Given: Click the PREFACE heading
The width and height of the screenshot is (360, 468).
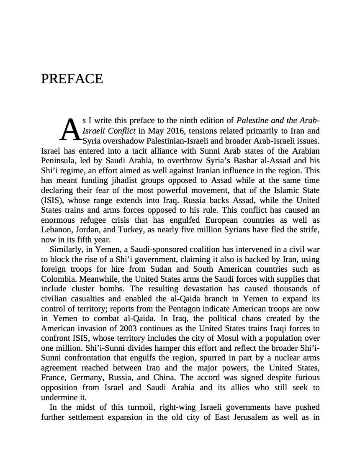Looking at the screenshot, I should point(72,79).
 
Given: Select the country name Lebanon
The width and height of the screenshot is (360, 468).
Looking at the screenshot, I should point(57,230).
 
